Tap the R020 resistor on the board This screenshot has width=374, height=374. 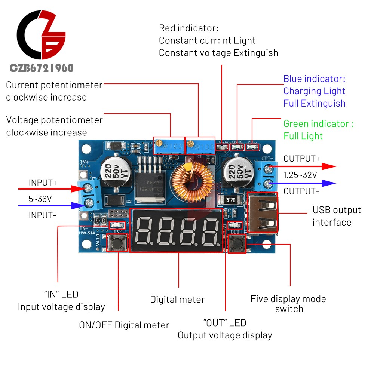[x=230, y=200]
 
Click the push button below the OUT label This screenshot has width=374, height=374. [x=237, y=244]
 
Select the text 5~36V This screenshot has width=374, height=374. [x=40, y=199]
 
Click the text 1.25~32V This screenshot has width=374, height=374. [x=300, y=175]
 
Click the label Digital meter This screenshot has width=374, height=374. [x=177, y=300]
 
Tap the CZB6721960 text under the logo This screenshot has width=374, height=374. [x=41, y=68]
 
